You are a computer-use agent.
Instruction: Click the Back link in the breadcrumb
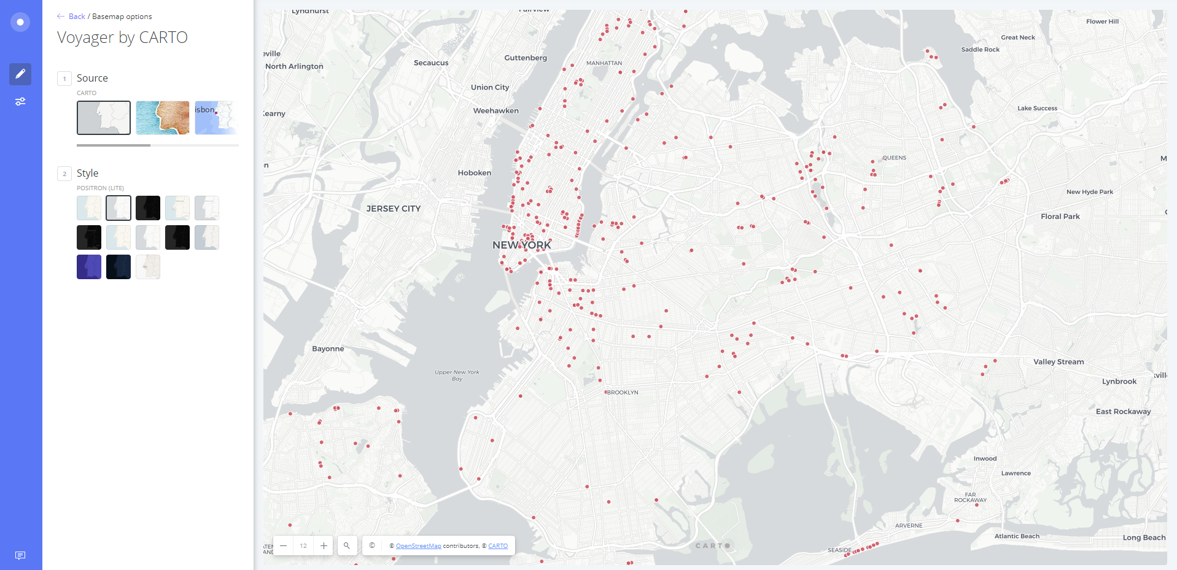[x=77, y=17]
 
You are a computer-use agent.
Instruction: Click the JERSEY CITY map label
[x=393, y=209]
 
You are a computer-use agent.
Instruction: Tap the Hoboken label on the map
[x=474, y=173]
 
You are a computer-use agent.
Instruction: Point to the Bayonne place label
[x=328, y=349]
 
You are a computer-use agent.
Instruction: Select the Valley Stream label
[x=1058, y=362]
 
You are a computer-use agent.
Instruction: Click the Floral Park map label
[x=1060, y=217]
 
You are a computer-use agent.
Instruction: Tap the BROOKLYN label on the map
[x=622, y=393]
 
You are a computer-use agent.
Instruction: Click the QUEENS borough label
[x=894, y=158]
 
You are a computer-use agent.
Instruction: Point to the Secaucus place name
[x=431, y=63]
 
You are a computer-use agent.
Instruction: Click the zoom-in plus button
[x=324, y=545]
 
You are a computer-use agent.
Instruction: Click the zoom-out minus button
[x=283, y=545]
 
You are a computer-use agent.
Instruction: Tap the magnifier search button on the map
[x=347, y=545]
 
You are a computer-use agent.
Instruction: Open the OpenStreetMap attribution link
[x=418, y=546]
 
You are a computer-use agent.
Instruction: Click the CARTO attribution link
[x=498, y=546]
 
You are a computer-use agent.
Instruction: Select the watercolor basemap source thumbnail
[x=163, y=118]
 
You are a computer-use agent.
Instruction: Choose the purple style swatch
[x=89, y=267]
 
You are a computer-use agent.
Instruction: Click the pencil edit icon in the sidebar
[x=20, y=74]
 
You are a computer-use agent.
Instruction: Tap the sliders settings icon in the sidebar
[x=20, y=102]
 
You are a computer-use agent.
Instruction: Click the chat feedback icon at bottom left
[x=20, y=555]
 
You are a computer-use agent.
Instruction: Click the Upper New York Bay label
[x=457, y=376]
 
